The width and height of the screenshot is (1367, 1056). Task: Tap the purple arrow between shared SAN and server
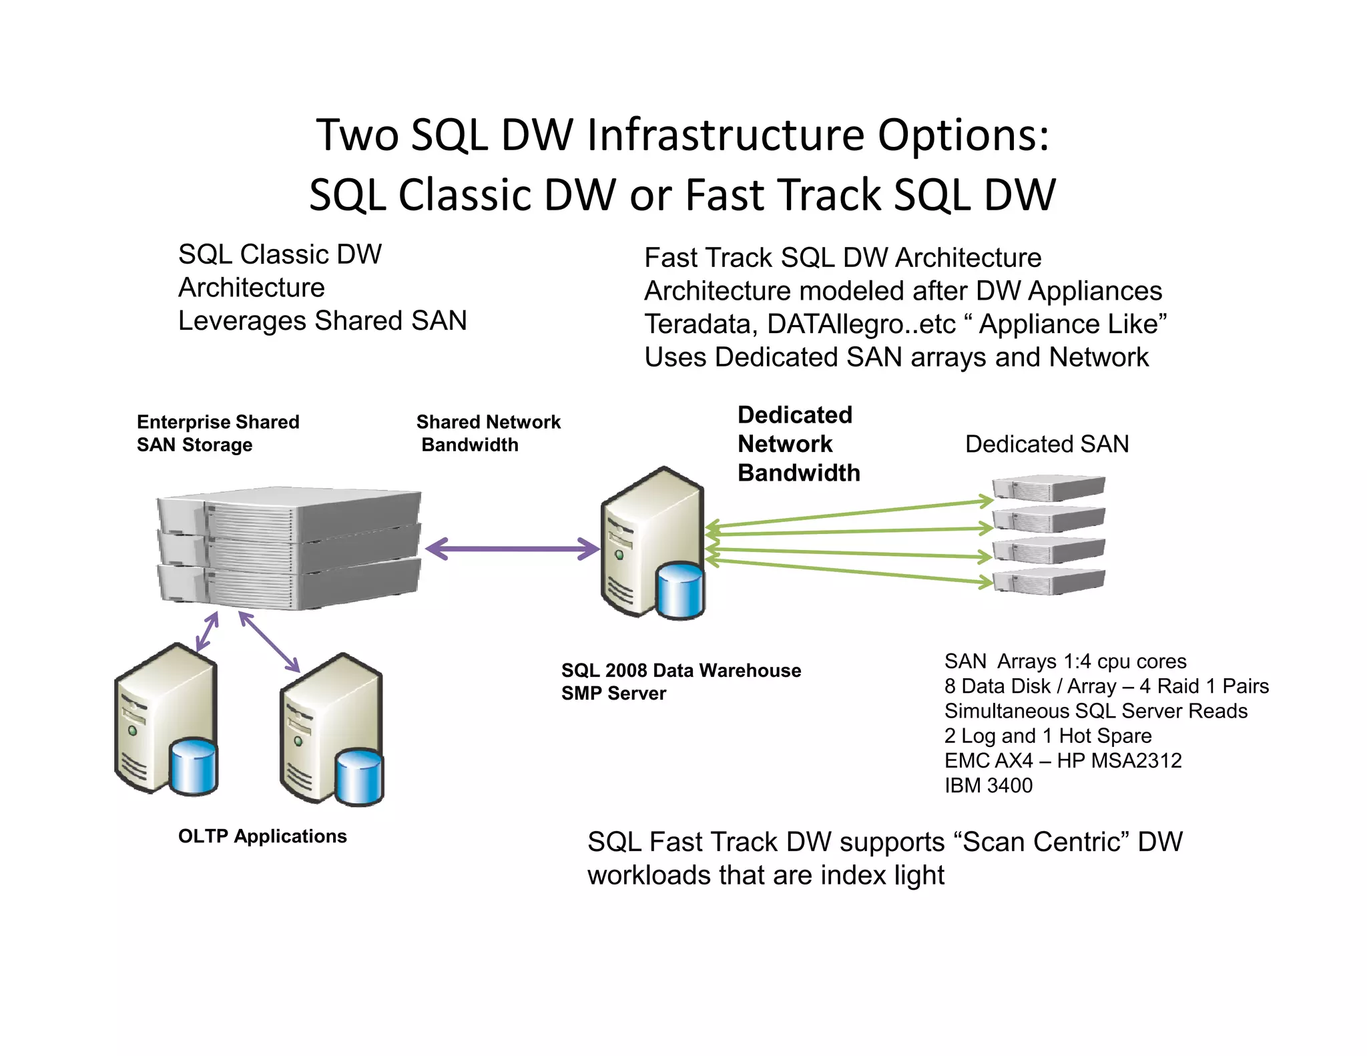point(512,549)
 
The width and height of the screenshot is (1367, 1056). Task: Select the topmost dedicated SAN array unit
point(1049,489)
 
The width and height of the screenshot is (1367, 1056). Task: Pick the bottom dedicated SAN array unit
point(1049,581)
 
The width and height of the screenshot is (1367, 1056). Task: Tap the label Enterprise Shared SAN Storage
point(218,433)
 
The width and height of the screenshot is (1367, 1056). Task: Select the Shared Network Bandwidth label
point(488,433)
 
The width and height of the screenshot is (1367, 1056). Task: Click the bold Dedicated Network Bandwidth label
point(798,444)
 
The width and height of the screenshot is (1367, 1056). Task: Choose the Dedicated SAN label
point(1046,444)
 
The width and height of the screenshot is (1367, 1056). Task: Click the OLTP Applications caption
point(262,836)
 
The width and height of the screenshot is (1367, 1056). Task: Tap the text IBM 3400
point(988,786)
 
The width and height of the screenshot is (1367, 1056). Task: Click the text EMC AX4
point(988,761)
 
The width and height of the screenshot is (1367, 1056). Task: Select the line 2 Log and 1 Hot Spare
point(1047,736)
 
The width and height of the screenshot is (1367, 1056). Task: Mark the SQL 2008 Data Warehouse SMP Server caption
point(680,682)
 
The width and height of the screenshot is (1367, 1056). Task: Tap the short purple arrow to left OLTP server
point(207,631)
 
